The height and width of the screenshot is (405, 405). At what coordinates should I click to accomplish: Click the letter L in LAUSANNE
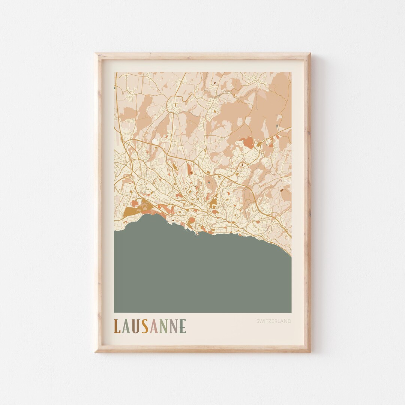[x=117, y=326]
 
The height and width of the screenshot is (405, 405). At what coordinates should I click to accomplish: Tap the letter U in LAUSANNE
[x=135, y=326]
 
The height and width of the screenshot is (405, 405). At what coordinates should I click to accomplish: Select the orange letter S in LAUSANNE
[x=144, y=326]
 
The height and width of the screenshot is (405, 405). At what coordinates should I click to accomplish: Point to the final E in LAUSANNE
[x=183, y=326]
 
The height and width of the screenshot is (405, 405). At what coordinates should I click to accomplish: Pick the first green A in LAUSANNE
[x=126, y=326]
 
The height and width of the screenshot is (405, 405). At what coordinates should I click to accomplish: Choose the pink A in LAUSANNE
[x=153, y=326]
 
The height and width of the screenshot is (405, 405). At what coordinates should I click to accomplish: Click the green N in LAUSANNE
[x=163, y=326]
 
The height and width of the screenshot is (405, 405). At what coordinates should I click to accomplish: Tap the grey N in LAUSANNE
[x=173, y=326]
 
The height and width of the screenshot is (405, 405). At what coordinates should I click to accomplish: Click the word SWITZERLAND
[x=274, y=321]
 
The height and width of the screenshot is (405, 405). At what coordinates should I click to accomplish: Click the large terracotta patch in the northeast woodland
[x=248, y=142]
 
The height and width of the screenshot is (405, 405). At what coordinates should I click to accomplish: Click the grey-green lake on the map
[x=202, y=274]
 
